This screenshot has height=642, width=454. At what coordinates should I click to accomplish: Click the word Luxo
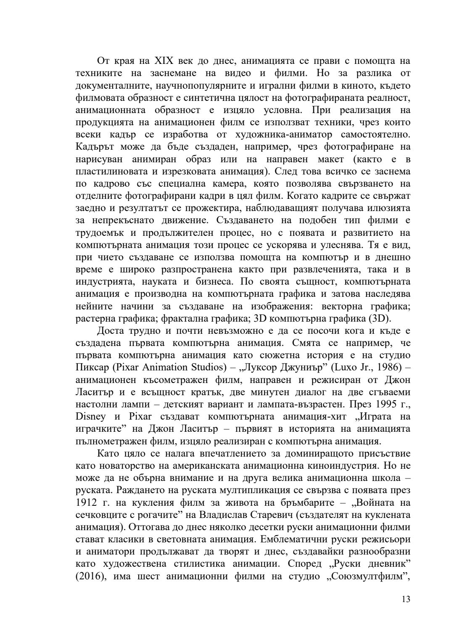pos(346,367)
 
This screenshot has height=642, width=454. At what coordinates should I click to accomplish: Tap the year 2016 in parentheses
pos(90,576)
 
